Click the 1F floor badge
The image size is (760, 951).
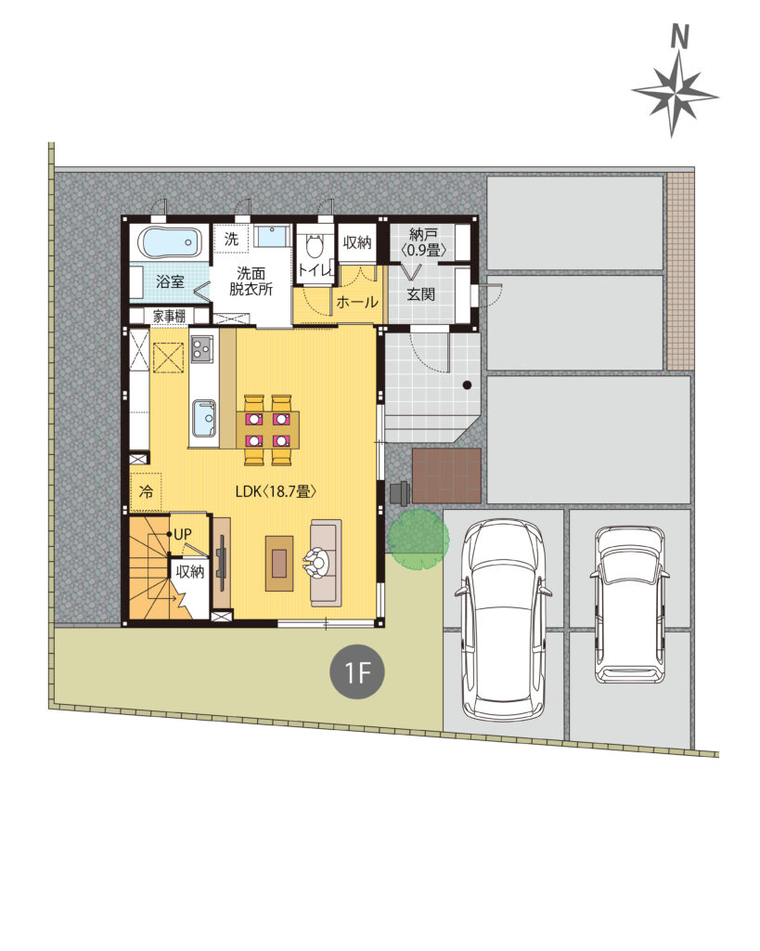pyautogui.click(x=356, y=671)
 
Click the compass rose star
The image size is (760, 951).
pyautogui.click(x=675, y=95)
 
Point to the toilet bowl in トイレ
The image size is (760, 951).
pyautogui.click(x=314, y=245)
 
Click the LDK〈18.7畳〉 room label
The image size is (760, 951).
pyautogui.click(x=276, y=491)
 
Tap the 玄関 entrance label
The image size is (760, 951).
pyautogui.click(x=420, y=294)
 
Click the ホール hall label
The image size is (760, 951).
pyautogui.click(x=357, y=302)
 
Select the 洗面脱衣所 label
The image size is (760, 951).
pyautogui.click(x=251, y=280)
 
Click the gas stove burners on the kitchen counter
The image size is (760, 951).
pyautogui.click(x=201, y=348)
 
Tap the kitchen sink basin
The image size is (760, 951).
pyautogui.click(x=203, y=419)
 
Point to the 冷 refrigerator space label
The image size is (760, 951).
pyautogui.click(x=146, y=491)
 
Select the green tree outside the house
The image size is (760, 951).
pyautogui.click(x=419, y=540)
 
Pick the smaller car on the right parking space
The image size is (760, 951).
pyautogui.click(x=630, y=604)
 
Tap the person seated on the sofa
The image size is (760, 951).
pyautogui.click(x=316, y=562)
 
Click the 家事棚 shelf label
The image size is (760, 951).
pyautogui.click(x=169, y=316)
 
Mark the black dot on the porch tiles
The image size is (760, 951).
pyautogui.click(x=467, y=384)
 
